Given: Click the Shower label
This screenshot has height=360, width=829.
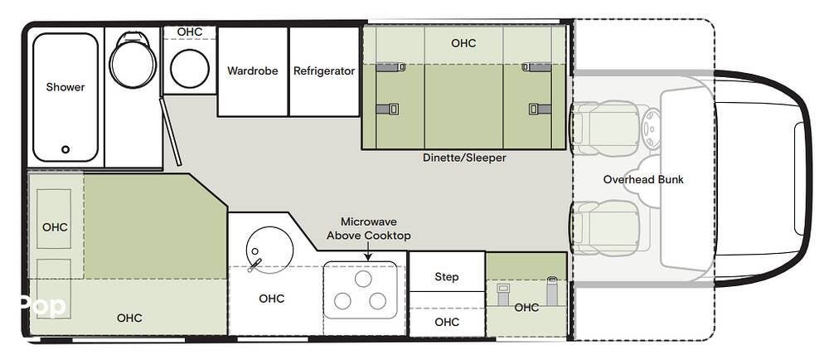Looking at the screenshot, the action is (x=65, y=87).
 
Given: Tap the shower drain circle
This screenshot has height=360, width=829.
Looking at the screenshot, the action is (x=65, y=149).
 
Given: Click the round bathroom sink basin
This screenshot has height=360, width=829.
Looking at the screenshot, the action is (x=190, y=69).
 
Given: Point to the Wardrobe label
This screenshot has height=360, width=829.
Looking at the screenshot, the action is (x=252, y=71).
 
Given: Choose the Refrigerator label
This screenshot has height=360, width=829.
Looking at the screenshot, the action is (x=324, y=71).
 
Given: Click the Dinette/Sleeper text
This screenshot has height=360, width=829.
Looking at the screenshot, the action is (x=464, y=158).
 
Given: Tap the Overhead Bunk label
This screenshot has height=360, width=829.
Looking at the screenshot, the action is (x=643, y=180).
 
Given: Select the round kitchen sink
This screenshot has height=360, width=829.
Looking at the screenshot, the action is (x=269, y=250).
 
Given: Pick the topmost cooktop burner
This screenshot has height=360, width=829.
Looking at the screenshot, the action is (x=363, y=279).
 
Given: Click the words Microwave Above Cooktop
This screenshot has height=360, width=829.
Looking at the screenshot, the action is (x=368, y=229).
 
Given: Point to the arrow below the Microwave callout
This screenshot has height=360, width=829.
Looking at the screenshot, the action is (x=368, y=251).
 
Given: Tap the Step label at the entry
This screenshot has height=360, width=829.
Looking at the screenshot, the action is (x=447, y=277).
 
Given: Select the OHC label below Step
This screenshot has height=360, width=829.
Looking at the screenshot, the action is (x=447, y=322).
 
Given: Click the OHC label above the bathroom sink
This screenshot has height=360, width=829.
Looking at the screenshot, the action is (x=190, y=32).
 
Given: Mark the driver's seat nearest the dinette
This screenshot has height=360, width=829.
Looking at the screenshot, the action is (x=608, y=128).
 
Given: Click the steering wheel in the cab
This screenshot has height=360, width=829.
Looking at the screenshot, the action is (x=651, y=128).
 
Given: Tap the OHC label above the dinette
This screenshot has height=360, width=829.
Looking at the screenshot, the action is (x=463, y=43).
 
